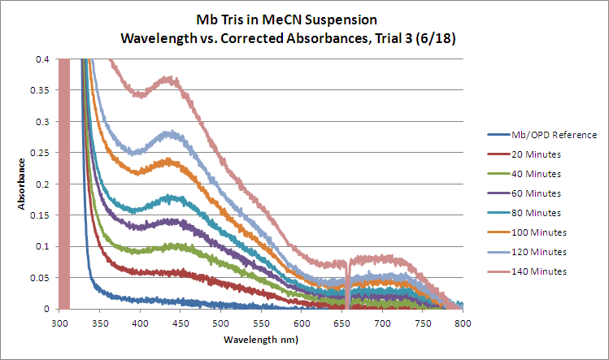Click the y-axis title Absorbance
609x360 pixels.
[x=24, y=184]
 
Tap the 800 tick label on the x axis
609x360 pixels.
[x=463, y=323]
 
